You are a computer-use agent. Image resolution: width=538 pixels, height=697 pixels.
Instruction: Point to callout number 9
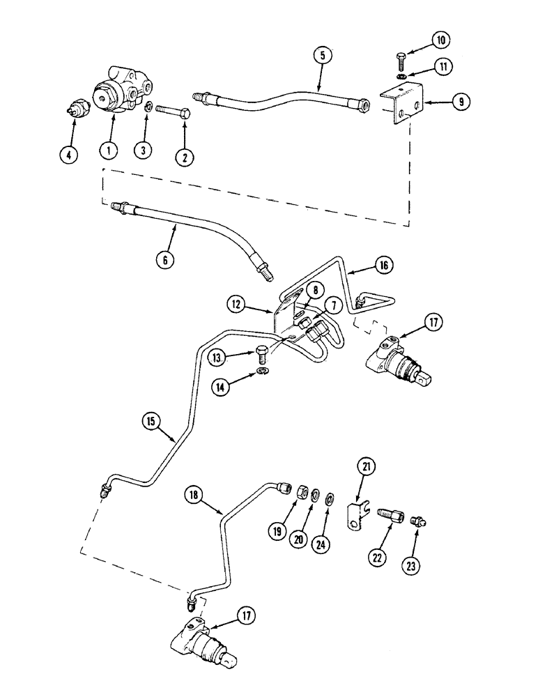tap(460, 102)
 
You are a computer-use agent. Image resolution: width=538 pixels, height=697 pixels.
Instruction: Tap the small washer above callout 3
tap(148, 107)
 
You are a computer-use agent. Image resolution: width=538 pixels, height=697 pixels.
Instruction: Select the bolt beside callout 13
tap(263, 353)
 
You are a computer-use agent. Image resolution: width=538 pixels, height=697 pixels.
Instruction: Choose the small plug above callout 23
tap(420, 520)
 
